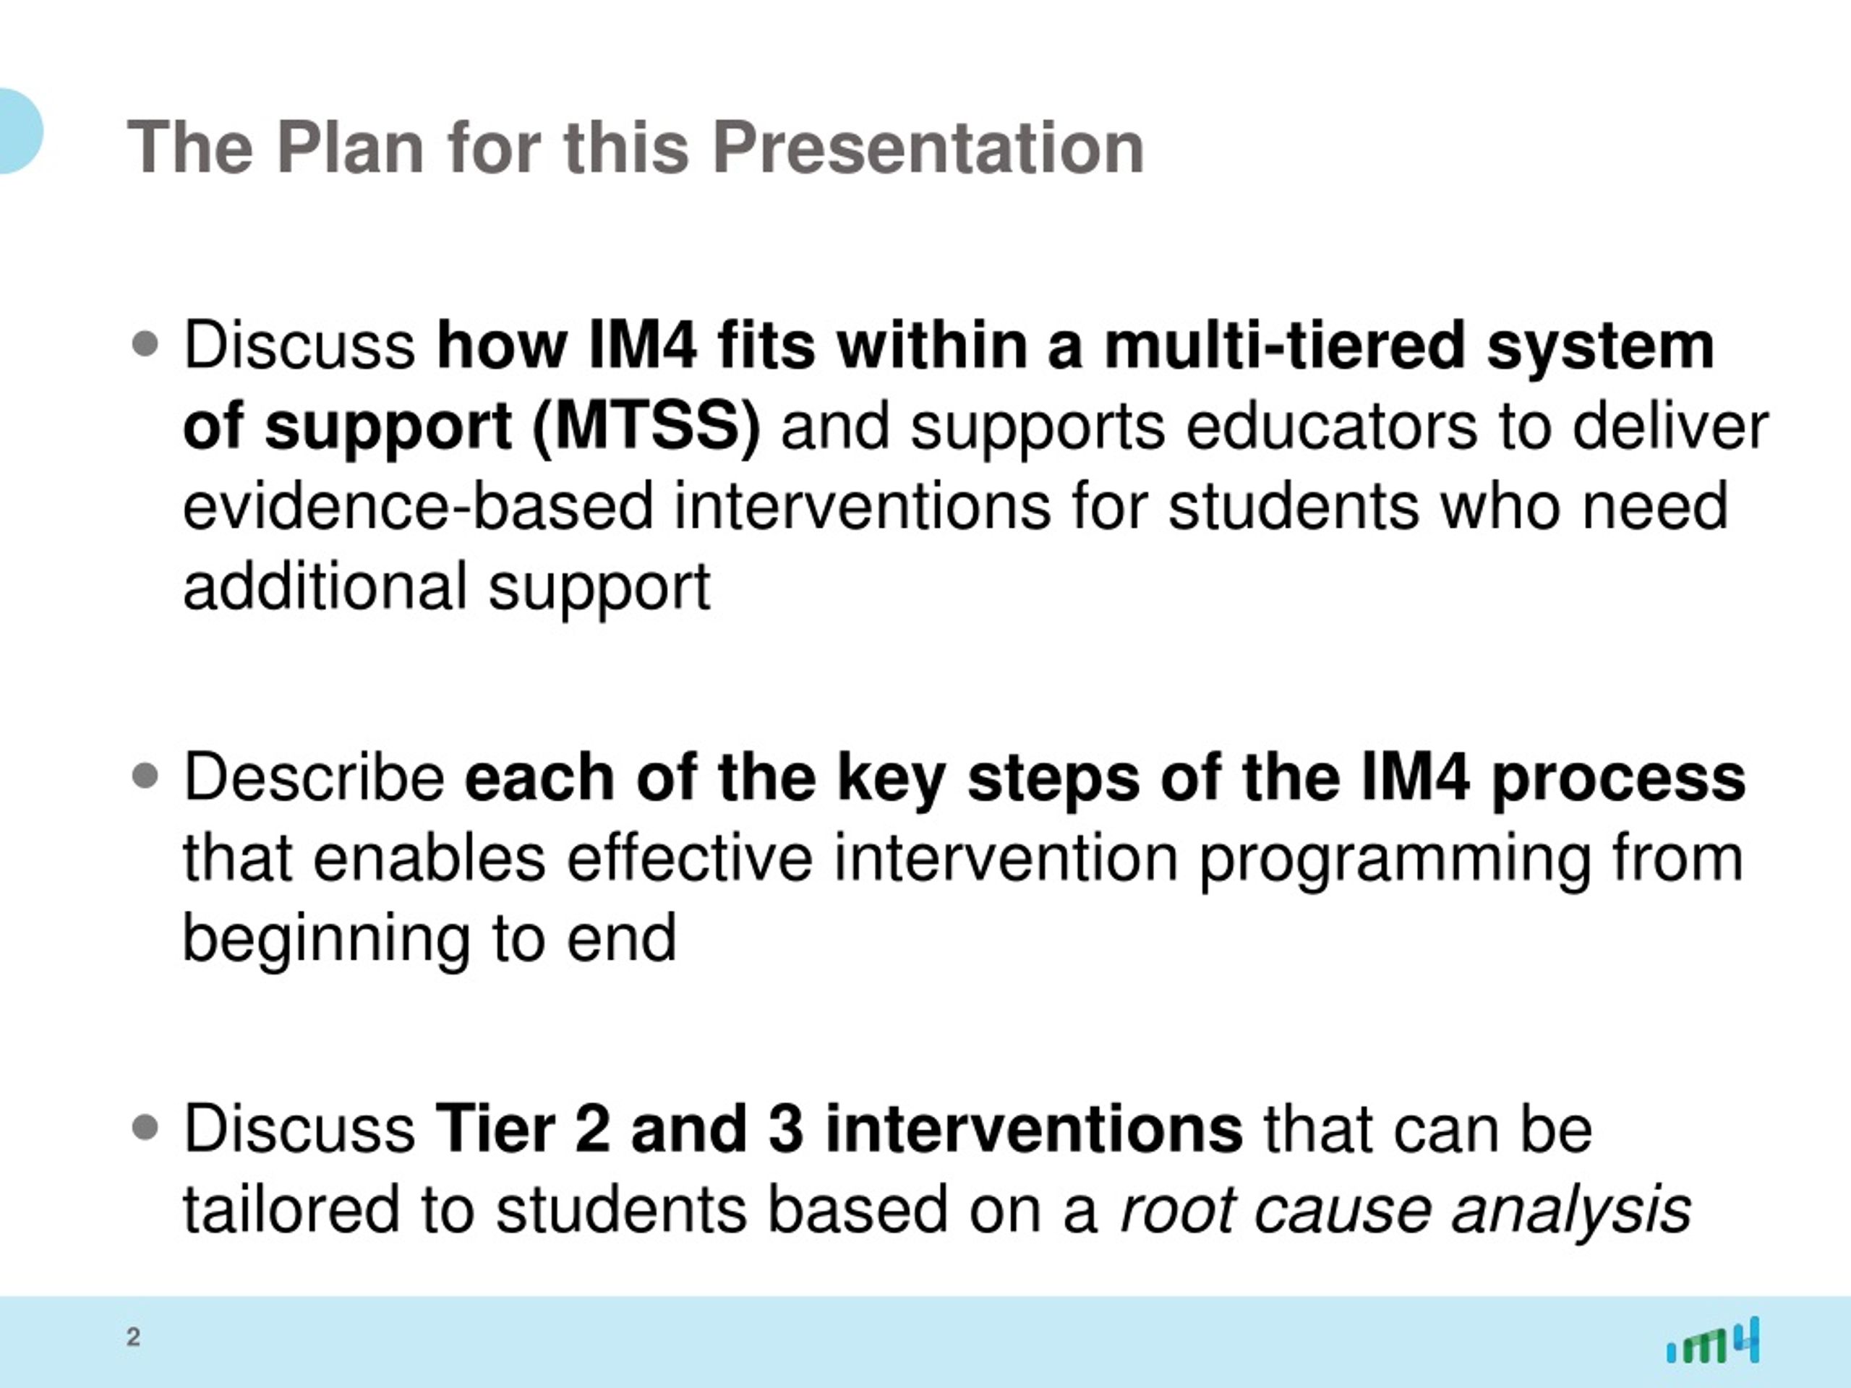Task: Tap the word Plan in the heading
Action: [x=350, y=147]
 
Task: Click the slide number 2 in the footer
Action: [x=133, y=1336]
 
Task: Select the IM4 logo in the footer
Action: [x=1713, y=1340]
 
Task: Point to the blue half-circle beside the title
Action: [x=18, y=131]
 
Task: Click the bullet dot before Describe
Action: [x=145, y=776]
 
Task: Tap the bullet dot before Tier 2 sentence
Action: [x=145, y=1127]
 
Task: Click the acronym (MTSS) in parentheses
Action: [x=646, y=427]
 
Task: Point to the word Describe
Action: [x=314, y=777]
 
